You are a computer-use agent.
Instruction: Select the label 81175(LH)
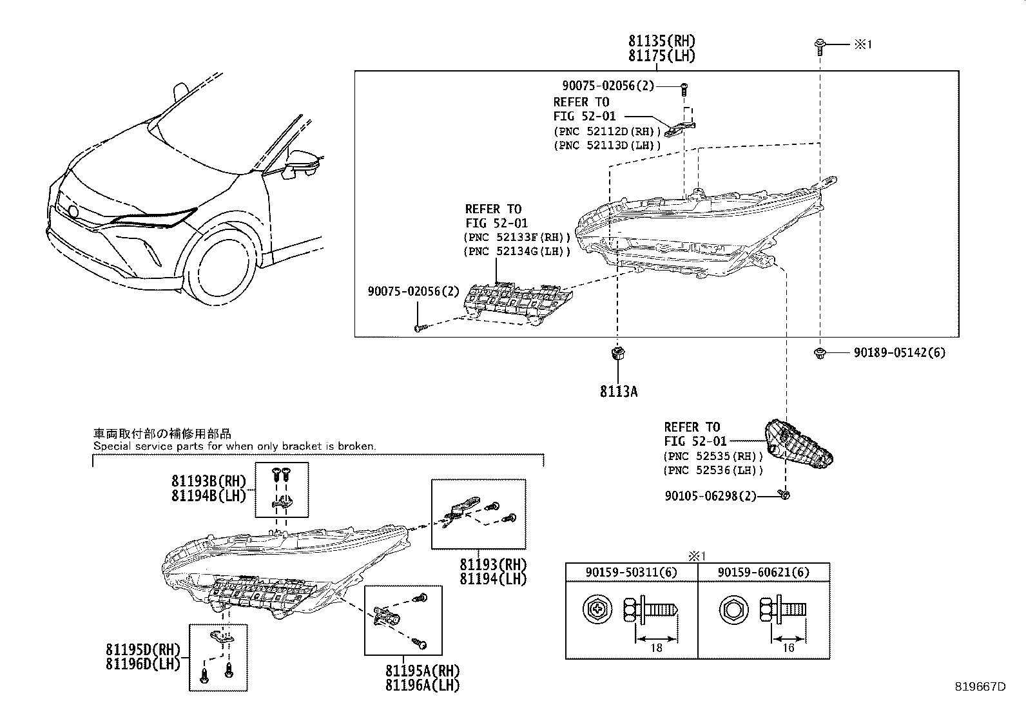tap(662, 56)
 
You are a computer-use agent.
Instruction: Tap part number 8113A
tap(618, 391)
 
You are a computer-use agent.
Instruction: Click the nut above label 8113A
tap(618, 352)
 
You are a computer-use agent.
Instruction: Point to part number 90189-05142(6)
tap(900, 353)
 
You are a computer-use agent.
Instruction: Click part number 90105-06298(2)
tap(710, 495)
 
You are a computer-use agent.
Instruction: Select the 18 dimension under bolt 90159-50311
tap(656, 647)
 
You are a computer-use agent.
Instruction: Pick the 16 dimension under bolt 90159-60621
tap(788, 647)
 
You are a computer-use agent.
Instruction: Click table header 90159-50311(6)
tap(631, 572)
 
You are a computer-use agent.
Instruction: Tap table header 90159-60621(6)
tap(764, 572)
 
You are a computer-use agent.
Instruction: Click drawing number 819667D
tap(980, 687)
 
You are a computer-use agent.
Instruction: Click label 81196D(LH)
tap(143, 663)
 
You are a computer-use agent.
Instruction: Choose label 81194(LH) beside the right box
tap(493, 579)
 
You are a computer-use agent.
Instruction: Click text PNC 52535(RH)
tap(713, 456)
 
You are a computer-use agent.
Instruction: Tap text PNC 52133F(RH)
tap(517, 237)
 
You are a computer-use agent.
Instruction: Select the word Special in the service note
tap(110, 446)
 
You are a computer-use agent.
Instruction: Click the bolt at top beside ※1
tap(819, 45)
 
